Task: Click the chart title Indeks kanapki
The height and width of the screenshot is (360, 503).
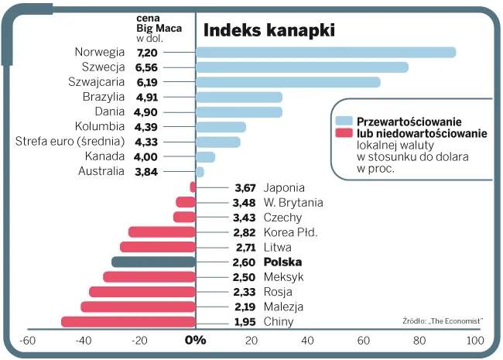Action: click(x=269, y=30)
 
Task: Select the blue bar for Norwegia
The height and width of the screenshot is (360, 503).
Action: click(x=325, y=53)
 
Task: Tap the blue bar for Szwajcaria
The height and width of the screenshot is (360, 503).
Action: click(x=288, y=82)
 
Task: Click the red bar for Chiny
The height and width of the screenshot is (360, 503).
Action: click(x=128, y=322)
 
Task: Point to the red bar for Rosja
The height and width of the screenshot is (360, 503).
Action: click(x=142, y=292)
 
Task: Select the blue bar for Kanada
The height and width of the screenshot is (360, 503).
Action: click(x=205, y=157)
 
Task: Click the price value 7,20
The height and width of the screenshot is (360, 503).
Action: click(x=146, y=53)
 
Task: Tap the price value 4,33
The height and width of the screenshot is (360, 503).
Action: click(x=146, y=142)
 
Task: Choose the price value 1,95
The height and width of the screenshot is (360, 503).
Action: click(x=245, y=322)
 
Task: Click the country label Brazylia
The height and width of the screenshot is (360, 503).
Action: click(x=103, y=97)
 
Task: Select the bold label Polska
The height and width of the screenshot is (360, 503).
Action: click(x=284, y=262)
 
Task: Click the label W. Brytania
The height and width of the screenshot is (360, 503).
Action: click(x=293, y=203)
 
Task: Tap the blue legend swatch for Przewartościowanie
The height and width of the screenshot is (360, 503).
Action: click(x=344, y=122)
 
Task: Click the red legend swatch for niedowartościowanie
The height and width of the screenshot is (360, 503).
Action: click(x=344, y=133)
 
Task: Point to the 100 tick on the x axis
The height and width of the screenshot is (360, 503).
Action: click(x=475, y=340)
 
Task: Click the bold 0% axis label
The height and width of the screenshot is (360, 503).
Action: click(x=195, y=340)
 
